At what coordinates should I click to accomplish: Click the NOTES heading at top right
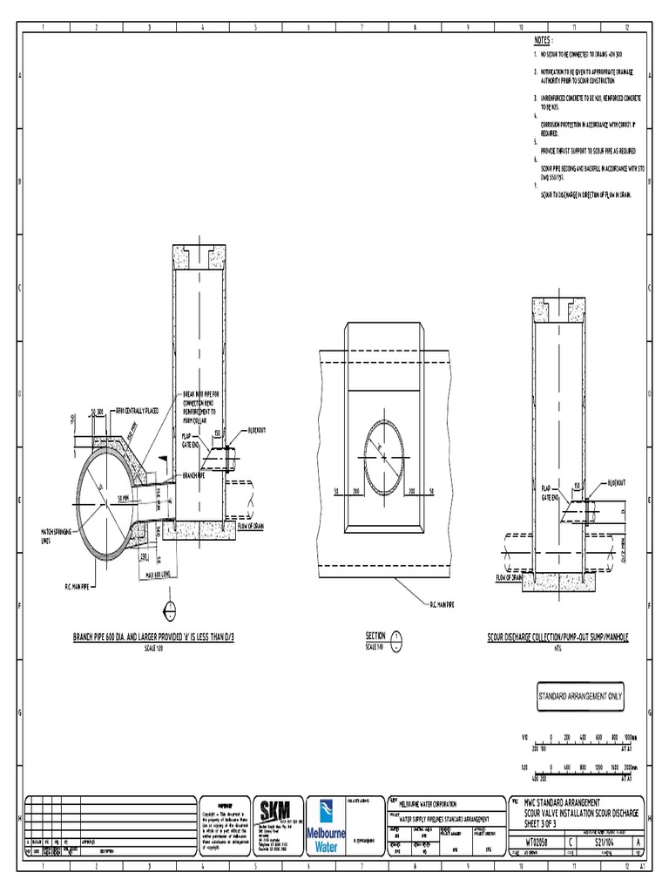543,40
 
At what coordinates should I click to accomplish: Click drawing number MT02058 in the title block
533,842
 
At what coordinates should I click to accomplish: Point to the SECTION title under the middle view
375,637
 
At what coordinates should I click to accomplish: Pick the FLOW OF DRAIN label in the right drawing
513,577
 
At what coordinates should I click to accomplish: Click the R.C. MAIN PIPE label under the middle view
441,603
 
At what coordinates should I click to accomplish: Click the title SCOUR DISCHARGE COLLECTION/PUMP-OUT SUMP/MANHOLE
557,638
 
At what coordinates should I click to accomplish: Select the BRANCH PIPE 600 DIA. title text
153,638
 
